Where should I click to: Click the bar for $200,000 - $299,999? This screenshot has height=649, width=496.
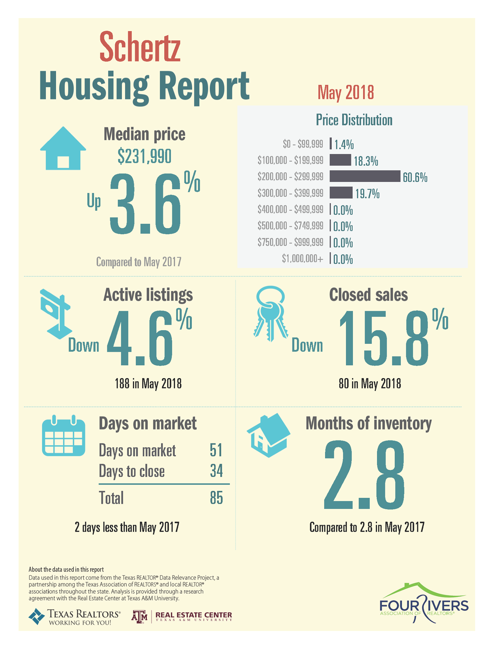pos(365,176)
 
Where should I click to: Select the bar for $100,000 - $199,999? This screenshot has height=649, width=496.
pos(340,160)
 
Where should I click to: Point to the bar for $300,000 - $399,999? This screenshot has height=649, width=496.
pos(341,192)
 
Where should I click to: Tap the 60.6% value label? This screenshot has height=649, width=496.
pos(415,177)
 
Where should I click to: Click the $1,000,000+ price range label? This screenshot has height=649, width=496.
pos(303,259)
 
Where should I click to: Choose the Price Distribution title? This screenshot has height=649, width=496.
pos(354,120)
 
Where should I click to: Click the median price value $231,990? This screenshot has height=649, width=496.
pos(144,156)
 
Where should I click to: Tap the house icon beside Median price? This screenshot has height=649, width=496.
pos(63,148)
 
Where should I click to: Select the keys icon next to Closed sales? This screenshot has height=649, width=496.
pos(271,313)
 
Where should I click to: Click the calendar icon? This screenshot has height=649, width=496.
pos(64,435)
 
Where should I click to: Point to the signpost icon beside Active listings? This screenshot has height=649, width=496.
pos(56,314)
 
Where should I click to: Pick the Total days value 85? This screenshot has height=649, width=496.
pos(217,498)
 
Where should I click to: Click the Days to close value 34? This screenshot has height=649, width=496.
pos(217,471)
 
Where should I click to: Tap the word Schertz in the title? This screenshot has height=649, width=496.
pos(140,47)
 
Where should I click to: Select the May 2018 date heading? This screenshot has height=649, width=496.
pos(346,92)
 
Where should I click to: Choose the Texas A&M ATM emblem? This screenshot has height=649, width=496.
pos(140,617)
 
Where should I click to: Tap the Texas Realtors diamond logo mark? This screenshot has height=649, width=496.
pos(37,616)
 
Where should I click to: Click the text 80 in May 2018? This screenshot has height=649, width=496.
pos(370,384)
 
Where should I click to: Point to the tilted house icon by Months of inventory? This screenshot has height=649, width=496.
pos(268,435)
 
